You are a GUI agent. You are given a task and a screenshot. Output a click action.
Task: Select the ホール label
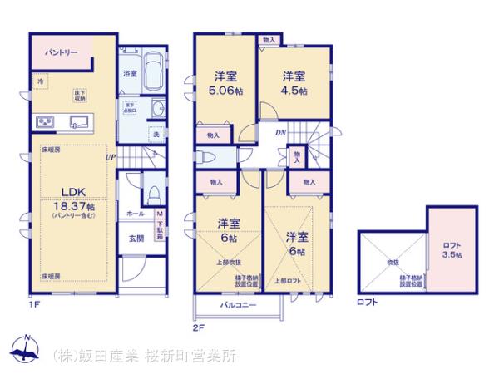136,214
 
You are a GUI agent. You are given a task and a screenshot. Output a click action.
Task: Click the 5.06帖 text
224,91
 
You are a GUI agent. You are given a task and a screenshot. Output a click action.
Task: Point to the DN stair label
280,132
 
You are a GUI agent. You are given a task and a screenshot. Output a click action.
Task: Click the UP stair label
111,155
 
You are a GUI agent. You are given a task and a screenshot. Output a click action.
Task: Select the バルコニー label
238,305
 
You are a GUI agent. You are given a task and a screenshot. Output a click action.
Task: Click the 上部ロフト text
285,281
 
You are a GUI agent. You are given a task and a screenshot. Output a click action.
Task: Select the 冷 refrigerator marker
39,81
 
